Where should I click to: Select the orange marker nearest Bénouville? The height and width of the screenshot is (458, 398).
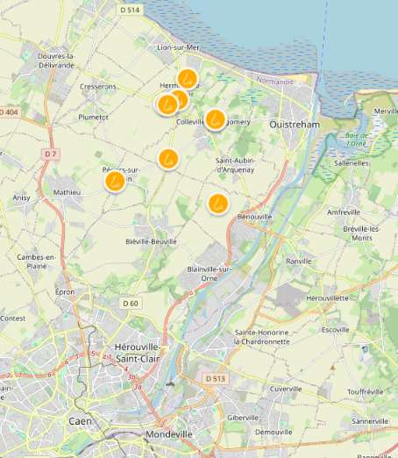pos(217,204)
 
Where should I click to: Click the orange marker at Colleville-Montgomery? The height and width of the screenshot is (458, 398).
pos(215,118)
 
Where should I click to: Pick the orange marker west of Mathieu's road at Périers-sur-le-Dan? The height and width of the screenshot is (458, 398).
pos(115,182)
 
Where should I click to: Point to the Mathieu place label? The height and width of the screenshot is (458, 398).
pos(67,191)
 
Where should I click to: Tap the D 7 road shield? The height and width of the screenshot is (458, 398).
pos(51,154)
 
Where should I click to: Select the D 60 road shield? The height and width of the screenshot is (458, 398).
pos(131,304)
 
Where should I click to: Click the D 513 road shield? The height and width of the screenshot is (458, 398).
pos(215,378)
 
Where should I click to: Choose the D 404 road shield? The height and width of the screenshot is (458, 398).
pos(8,112)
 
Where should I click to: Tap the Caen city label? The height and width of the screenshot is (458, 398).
pos(81,421)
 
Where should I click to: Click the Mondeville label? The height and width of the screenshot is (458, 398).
pos(169,434)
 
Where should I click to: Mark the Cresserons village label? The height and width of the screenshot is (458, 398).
pos(97,87)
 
